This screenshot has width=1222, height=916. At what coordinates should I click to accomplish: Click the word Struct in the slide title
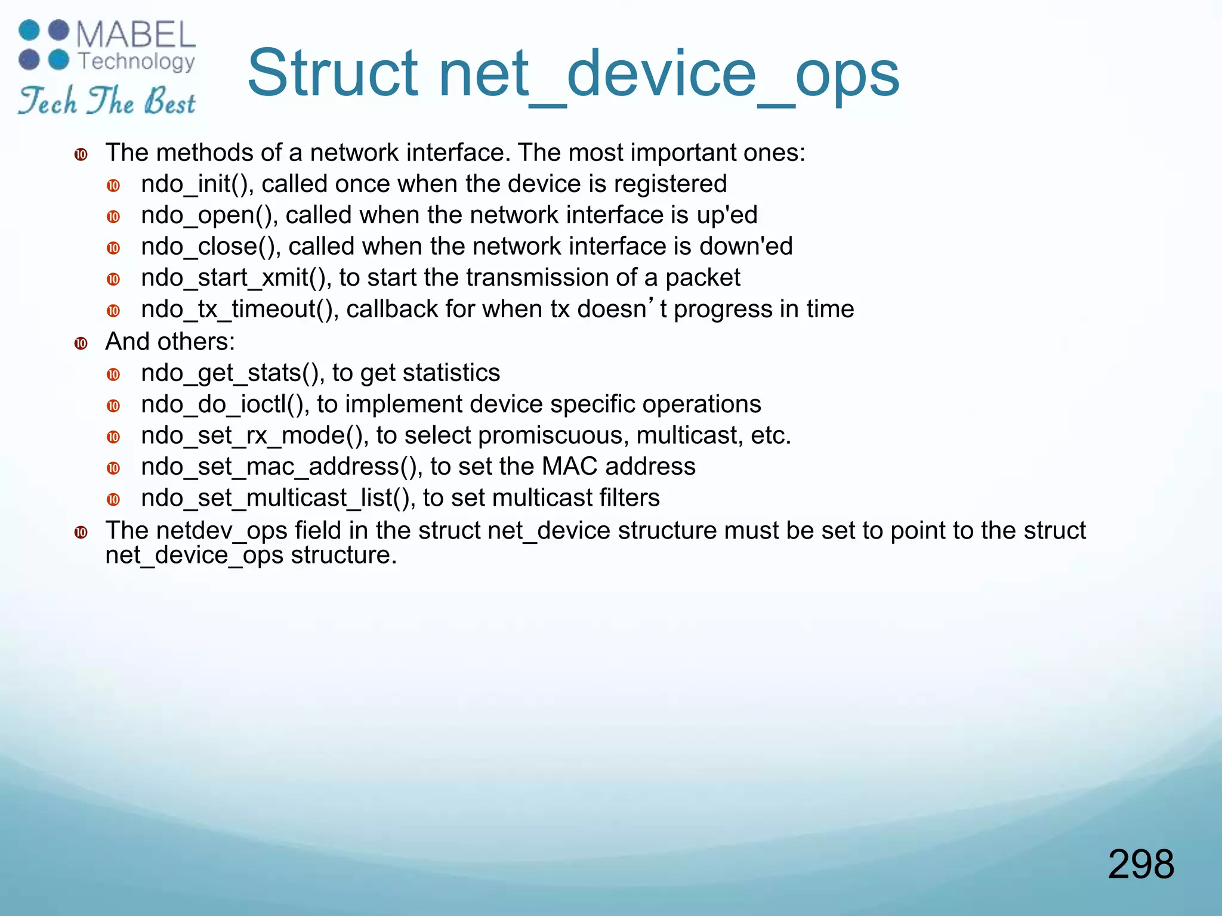(x=332, y=74)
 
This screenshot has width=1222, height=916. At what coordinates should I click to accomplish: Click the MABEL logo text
(x=136, y=35)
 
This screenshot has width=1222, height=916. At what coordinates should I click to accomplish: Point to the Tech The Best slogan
(x=107, y=100)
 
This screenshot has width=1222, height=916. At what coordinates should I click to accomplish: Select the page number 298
(x=1141, y=864)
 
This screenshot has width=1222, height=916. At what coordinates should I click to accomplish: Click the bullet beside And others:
(x=81, y=343)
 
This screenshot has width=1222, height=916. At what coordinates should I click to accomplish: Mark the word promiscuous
(x=553, y=436)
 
